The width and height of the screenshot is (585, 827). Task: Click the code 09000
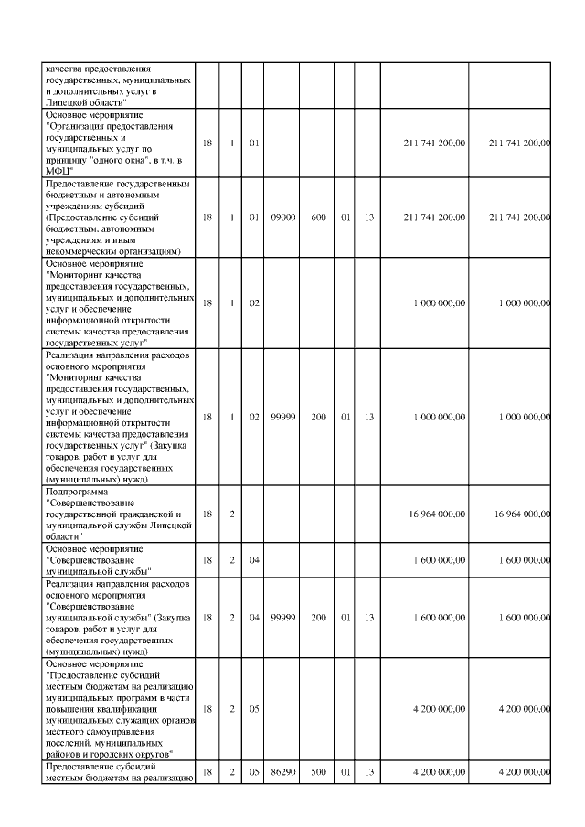coord(282,217)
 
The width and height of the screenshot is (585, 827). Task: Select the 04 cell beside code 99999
coord(254,618)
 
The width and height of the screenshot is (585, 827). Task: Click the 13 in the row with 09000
coord(367,217)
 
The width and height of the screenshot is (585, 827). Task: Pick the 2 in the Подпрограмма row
coord(232,514)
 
